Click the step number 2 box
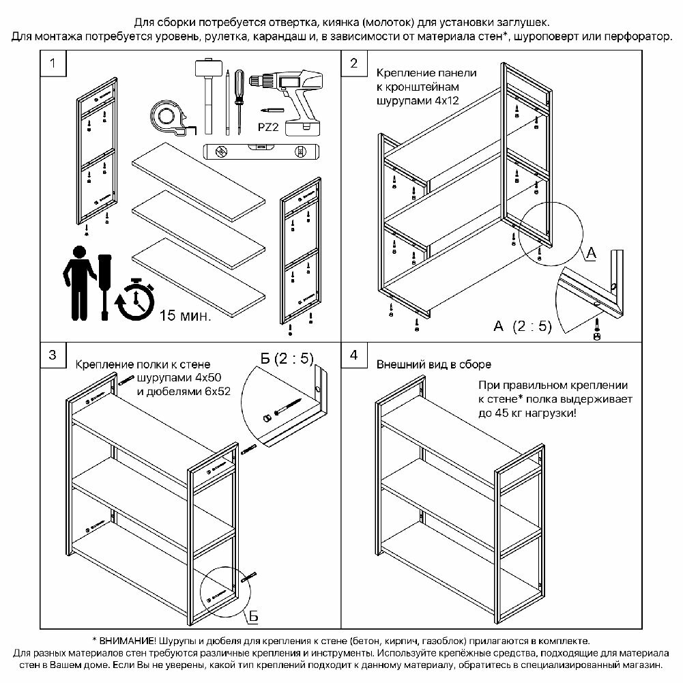pyautogui.click(x=353, y=64)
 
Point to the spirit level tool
pyautogui.click(x=261, y=150)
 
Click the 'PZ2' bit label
pyautogui.click(x=267, y=126)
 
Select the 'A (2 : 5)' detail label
pyautogui.click(x=522, y=326)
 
